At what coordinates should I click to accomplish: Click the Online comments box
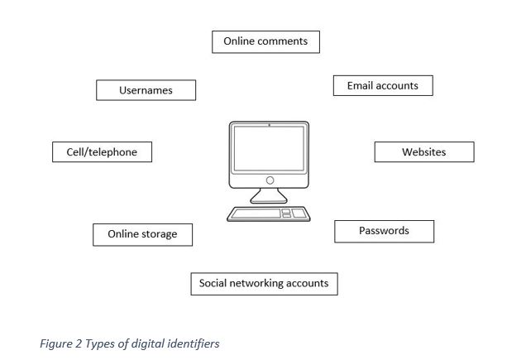pyautogui.click(x=265, y=42)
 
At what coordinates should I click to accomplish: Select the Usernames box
pyautogui.click(x=146, y=90)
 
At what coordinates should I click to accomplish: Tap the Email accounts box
pyautogui.click(x=383, y=85)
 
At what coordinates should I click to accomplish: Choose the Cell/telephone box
pyautogui.click(x=102, y=151)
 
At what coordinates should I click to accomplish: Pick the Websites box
pyautogui.click(x=424, y=151)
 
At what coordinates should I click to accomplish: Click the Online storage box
pyautogui.click(x=142, y=235)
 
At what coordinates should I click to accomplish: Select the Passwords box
pyautogui.click(x=384, y=232)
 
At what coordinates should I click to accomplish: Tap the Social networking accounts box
pyautogui.click(x=265, y=284)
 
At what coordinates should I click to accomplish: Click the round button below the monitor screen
pyautogui.click(x=270, y=180)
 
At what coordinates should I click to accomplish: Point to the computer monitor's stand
pyautogui.click(x=268, y=196)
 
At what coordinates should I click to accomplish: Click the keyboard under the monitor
pyautogui.click(x=268, y=214)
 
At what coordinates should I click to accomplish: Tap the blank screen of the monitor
pyautogui.click(x=269, y=148)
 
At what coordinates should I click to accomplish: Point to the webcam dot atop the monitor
pyautogui.click(x=269, y=125)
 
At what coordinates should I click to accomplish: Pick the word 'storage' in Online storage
pyautogui.click(x=159, y=234)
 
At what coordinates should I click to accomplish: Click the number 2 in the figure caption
pyautogui.click(x=79, y=343)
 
